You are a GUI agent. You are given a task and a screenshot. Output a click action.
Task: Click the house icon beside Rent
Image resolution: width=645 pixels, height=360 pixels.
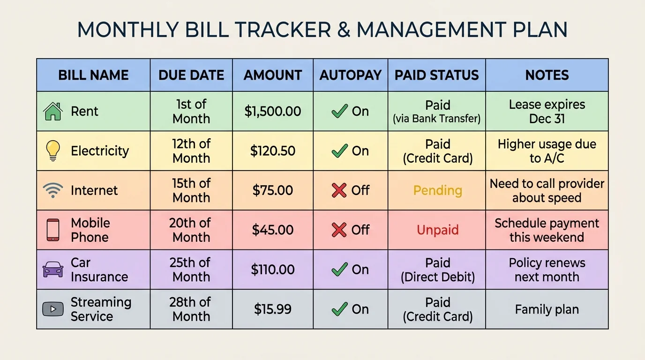pos(53,112)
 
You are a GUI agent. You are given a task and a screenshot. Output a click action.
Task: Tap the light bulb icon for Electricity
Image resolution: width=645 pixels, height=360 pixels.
pos(53,151)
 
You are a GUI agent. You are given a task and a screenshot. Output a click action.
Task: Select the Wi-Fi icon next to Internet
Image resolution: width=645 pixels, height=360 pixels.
pos(53,190)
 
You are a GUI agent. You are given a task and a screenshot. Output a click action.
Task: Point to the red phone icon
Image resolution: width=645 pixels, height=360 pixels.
pos(53,230)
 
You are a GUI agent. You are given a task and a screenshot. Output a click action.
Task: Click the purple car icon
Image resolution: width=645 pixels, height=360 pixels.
pos(53,270)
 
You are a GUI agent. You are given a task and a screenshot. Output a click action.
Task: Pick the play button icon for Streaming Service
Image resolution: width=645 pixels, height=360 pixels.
pos(53,309)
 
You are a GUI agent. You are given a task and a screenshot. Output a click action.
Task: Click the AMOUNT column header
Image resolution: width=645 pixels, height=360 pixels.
pos(273,75)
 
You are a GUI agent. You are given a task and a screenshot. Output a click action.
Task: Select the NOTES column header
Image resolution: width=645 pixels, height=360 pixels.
pos(547,75)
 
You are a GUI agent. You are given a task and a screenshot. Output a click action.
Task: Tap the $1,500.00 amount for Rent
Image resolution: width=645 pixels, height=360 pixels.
pos(273,112)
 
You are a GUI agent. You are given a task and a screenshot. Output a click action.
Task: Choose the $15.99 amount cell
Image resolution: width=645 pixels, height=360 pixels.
pos(273,309)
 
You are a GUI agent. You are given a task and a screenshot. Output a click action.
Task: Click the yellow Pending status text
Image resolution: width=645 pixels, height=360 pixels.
pos(437,191)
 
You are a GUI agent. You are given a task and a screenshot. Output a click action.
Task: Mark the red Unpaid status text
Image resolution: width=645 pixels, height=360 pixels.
pos(437,230)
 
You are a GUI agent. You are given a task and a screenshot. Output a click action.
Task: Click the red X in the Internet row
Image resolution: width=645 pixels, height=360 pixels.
pos(339,190)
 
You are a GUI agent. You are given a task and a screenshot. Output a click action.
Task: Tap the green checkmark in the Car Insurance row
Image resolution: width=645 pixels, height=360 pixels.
pos(339,269)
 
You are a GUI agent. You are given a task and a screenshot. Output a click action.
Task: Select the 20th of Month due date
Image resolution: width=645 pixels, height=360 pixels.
pos(191,230)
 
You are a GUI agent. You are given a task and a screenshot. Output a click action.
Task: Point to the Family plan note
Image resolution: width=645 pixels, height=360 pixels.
pos(547,309)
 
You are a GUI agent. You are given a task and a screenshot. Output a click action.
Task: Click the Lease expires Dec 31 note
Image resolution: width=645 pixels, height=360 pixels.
pos(547,112)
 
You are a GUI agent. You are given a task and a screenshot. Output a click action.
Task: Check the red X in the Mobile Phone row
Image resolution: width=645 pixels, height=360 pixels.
pos(339,230)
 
